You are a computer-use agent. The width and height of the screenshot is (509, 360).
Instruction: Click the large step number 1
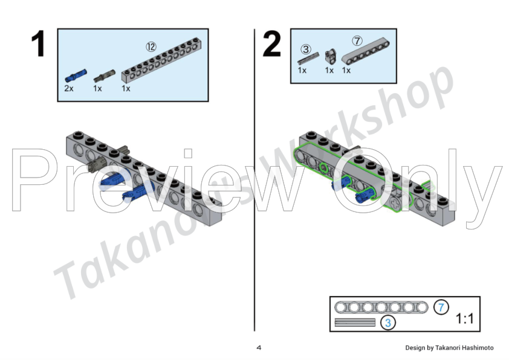point(39,43)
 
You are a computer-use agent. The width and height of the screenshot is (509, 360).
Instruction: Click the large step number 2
point(271,43)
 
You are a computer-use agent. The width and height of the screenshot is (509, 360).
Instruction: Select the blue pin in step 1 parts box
point(76,76)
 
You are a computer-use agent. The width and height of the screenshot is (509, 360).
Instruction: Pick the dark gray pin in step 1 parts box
point(105,76)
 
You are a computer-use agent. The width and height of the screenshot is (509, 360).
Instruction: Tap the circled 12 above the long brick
point(151,47)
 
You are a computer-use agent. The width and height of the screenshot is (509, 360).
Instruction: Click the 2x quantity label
point(69,88)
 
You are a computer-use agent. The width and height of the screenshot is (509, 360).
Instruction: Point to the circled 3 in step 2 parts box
point(306,50)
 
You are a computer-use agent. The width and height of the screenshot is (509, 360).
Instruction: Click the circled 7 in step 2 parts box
point(357,41)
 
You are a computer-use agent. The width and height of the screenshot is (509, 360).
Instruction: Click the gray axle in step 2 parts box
point(308,59)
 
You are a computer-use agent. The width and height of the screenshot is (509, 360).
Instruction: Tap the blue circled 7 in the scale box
point(441,307)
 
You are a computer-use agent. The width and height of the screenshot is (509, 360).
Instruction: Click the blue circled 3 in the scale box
point(388,323)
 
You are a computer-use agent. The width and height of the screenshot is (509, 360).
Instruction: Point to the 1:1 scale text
point(465,318)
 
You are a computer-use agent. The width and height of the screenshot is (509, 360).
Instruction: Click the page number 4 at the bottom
point(259,348)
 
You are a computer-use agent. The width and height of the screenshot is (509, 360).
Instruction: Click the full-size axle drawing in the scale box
point(355,323)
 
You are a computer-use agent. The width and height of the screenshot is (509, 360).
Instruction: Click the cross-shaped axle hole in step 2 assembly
point(395,204)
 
